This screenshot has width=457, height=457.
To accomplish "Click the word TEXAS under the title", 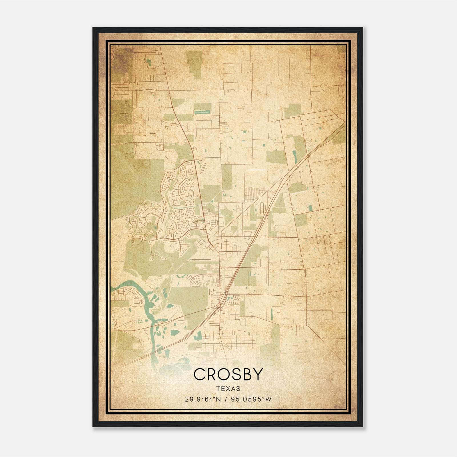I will pyautogui.click(x=228, y=389).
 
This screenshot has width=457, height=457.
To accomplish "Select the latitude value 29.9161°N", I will pyautogui.click(x=203, y=399).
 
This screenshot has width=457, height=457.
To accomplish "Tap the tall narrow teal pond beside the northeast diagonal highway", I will pyautogui.click(x=295, y=157).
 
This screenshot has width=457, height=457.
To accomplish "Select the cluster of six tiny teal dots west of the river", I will pyautogui.click(x=140, y=322).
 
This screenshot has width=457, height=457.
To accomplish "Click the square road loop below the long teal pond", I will pyautogui.click(x=204, y=129).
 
